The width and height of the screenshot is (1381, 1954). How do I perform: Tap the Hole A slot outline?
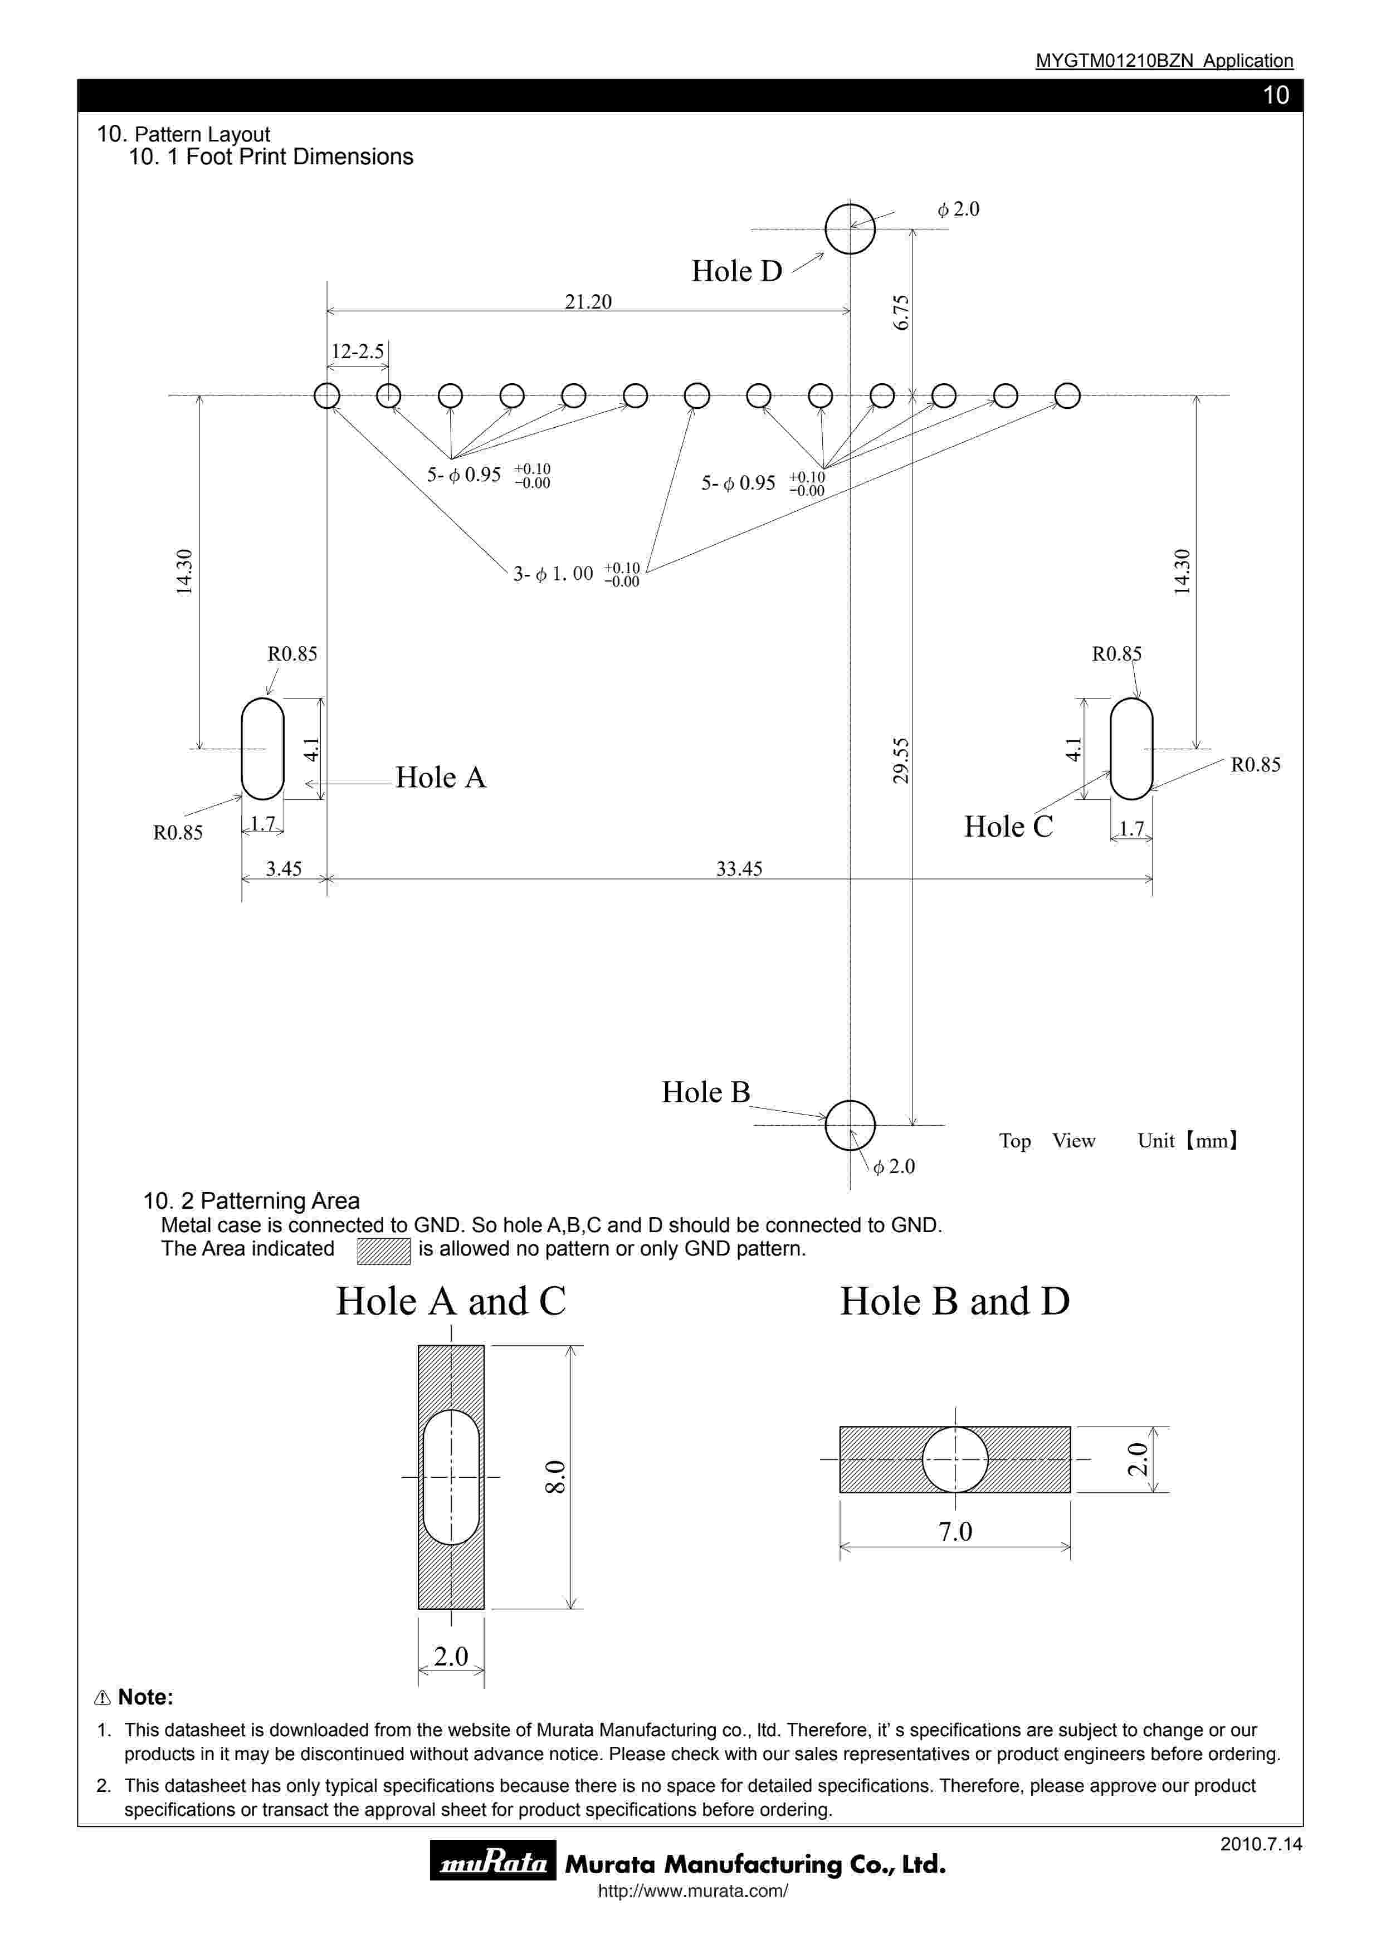pos(262,749)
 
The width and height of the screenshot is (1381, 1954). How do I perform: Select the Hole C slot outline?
pos(1131,749)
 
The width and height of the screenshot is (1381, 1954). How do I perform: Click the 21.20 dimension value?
pos(588,302)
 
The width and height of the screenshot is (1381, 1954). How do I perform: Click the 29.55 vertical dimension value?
pos(901,760)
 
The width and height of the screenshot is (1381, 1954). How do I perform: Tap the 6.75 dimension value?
pos(901,312)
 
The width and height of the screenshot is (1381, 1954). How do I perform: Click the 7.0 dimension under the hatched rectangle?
pos(955,1532)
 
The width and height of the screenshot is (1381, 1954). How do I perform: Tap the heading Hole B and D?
pos(955,1301)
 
